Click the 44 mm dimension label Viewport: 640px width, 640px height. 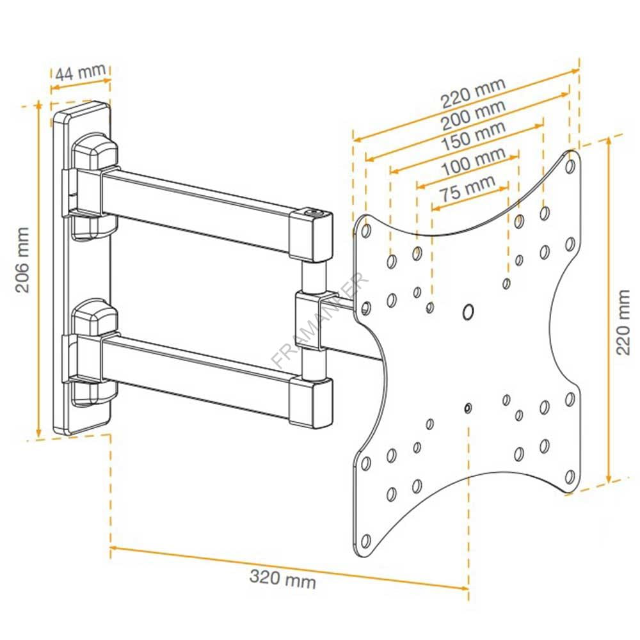click(79, 72)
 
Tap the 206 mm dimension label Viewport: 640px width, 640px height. click(23, 259)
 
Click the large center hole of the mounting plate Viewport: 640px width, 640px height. click(468, 312)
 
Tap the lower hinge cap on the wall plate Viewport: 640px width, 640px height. click(95, 316)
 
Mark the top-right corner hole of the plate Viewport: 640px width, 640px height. click(570, 165)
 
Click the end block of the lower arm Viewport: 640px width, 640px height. click(311, 401)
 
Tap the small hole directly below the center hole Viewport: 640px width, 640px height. click(468, 408)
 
